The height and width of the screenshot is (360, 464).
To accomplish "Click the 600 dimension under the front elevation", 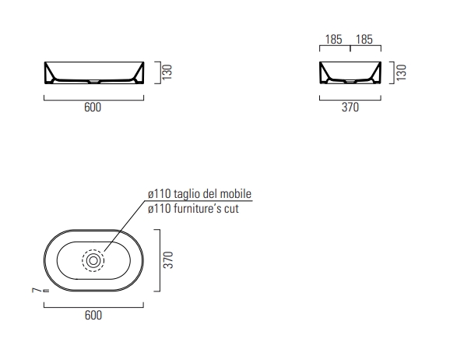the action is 93,107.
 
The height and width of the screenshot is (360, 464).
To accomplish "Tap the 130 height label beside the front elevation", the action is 167,72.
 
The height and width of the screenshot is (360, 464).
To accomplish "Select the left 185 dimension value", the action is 333,39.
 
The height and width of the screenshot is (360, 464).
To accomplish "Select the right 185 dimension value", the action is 364,39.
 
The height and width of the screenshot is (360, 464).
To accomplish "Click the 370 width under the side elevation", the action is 350,107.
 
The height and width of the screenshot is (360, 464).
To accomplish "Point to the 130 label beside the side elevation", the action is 401,72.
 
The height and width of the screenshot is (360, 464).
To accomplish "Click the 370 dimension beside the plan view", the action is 168,259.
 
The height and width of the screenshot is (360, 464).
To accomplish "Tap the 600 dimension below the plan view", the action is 93,315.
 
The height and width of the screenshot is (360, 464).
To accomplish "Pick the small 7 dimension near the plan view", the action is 36,290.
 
